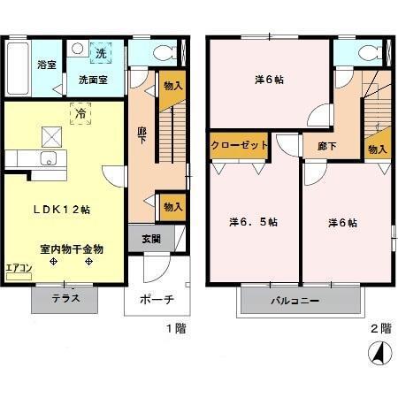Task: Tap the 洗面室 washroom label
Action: click(x=93, y=80)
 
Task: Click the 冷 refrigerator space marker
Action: click(x=80, y=113)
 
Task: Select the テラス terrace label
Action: click(x=65, y=298)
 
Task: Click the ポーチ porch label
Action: click(x=157, y=299)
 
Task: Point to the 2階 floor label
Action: click(x=379, y=328)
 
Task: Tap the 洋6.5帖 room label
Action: click(x=253, y=222)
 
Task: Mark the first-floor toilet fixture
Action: click(x=162, y=50)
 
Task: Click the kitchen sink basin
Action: click(x=48, y=159)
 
